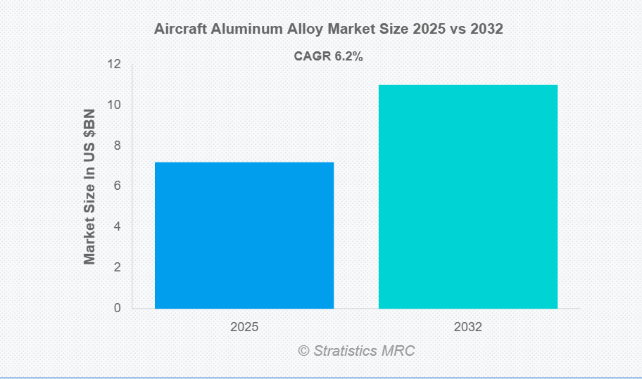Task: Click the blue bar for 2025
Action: click(x=244, y=235)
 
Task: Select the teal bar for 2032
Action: click(x=468, y=196)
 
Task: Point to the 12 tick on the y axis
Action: click(x=113, y=65)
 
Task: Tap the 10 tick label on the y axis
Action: click(x=113, y=105)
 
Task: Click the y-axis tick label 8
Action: click(x=117, y=146)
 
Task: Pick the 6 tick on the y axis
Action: click(x=117, y=186)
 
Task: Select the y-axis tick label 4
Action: click(x=117, y=227)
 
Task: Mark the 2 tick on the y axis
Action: click(x=117, y=267)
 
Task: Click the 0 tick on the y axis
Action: click(x=117, y=308)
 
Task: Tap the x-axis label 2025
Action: click(x=244, y=328)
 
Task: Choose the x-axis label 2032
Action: click(x=468, y=328)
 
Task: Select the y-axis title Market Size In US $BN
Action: click(x=89, y=186)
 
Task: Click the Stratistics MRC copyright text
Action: click(x=356, y=350)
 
